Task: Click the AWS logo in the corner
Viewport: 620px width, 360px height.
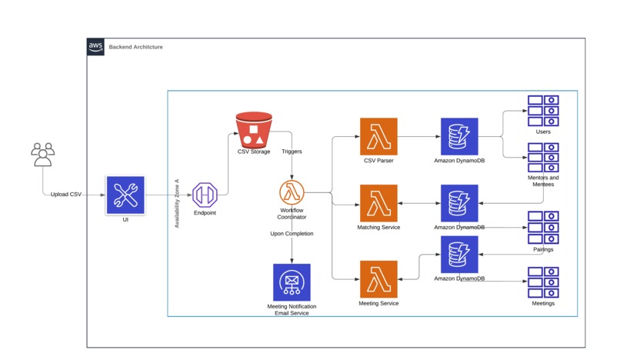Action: click(x=95, y=47)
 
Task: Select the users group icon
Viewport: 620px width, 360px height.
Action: click(x=43, y=155)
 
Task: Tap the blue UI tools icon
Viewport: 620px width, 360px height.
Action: click(x=125, y=195)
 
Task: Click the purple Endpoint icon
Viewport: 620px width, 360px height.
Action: click(x=205, y=195)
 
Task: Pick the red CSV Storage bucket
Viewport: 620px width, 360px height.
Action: click(x=254, y=130)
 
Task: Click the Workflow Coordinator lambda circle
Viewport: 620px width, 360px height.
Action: click(x=292, y=192)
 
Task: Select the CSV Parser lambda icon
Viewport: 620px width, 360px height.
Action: click(x=378, y=136)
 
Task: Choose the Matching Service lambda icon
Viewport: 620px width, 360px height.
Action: click(x=378, y=203)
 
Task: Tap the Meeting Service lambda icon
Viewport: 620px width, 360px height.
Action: click(x=378, y=279)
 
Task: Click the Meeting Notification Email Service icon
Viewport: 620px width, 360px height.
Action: click(x=292, y=282)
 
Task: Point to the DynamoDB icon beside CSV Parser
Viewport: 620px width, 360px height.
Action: click(x=459, y=136)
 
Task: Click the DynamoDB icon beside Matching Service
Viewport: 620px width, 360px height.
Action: click(x=459, y=203)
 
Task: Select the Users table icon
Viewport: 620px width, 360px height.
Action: click(x=543, y=111)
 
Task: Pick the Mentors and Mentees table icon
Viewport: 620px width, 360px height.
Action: click(x=543, y=158)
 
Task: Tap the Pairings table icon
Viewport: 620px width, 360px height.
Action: click(x=543, y=228)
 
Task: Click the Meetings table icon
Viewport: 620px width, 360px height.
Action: click(x=543, y=282)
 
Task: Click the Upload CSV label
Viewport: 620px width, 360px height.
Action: click(x=66, y=195)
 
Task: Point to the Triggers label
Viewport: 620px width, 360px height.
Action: click(x=292, y=152)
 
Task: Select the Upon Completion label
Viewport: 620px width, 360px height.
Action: click(x=292, y=233)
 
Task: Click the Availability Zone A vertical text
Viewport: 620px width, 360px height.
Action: click(x=177, y=203)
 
